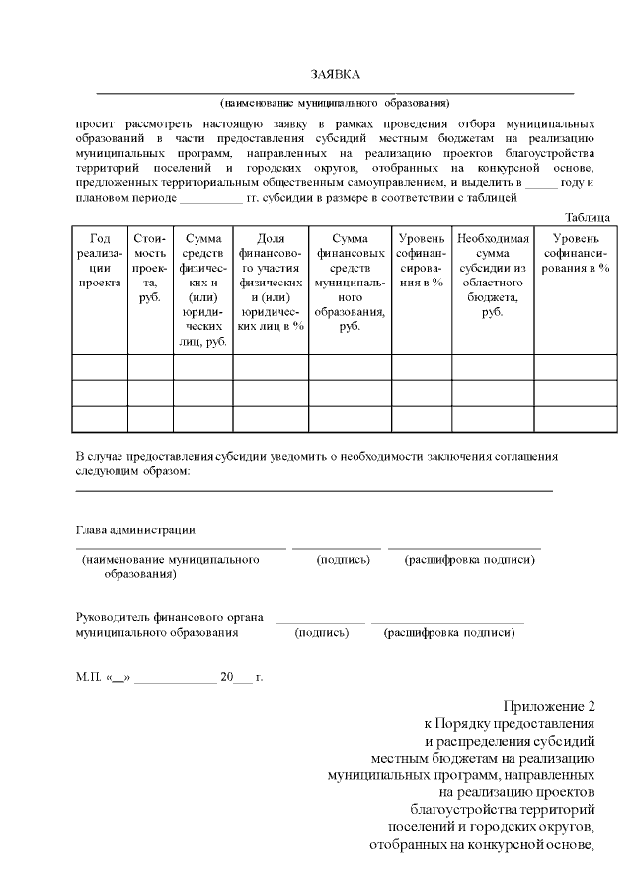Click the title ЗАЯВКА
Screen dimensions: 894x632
(336, 75)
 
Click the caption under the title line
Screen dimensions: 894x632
(335, 102)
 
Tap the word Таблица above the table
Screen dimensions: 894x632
(587, 217)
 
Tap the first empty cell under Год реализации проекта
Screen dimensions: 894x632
(99, 366)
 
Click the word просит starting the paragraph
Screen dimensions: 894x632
(95, 125)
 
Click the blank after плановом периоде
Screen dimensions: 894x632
(210, 199)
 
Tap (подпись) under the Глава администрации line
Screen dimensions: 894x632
(343, 560)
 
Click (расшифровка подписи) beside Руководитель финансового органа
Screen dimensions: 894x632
(449, 632)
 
